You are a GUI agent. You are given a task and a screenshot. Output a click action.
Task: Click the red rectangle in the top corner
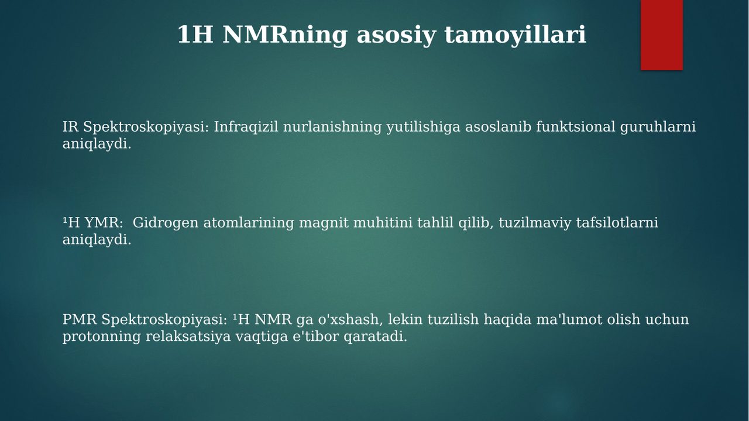click(x=661, y=34)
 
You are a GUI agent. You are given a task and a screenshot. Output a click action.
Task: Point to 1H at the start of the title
click(x=195, y=34)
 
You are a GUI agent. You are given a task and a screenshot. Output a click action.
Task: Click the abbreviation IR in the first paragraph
click(x=70, y=127)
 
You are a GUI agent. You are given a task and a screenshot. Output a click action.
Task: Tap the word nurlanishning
click(x=332, y=127)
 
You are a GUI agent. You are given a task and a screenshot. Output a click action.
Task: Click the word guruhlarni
click(x=658, y=127)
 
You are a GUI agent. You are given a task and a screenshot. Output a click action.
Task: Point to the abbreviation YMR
click(x=104, y=223)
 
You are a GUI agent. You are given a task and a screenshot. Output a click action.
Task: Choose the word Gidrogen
click(x=166, y=223)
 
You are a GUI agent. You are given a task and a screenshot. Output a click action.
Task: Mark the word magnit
click(x=324, y=223)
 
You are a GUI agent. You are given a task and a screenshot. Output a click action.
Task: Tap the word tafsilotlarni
click(x=617, y=223)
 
